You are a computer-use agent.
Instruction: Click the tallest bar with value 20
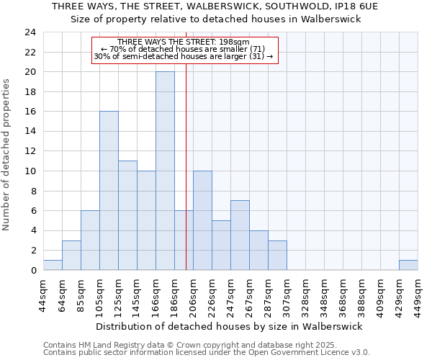165,171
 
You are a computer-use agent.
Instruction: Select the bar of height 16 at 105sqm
109,191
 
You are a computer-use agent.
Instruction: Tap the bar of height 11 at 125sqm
127,215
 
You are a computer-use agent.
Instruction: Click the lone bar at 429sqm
408,265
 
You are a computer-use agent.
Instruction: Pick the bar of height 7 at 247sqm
240,235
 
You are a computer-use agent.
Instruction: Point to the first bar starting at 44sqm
53,265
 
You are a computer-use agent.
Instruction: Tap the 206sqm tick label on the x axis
193,294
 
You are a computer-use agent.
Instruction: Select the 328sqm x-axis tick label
305,294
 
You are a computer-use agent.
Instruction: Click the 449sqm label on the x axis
418,294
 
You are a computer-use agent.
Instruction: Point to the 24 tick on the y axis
30,32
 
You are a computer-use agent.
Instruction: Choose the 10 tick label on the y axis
30,171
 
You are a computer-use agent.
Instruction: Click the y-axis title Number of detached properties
7,155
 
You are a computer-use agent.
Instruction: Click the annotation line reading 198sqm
184,42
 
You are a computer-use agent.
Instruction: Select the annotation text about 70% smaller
184,49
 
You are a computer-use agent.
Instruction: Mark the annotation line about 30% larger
184,56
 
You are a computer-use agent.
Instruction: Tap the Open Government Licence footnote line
207,353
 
